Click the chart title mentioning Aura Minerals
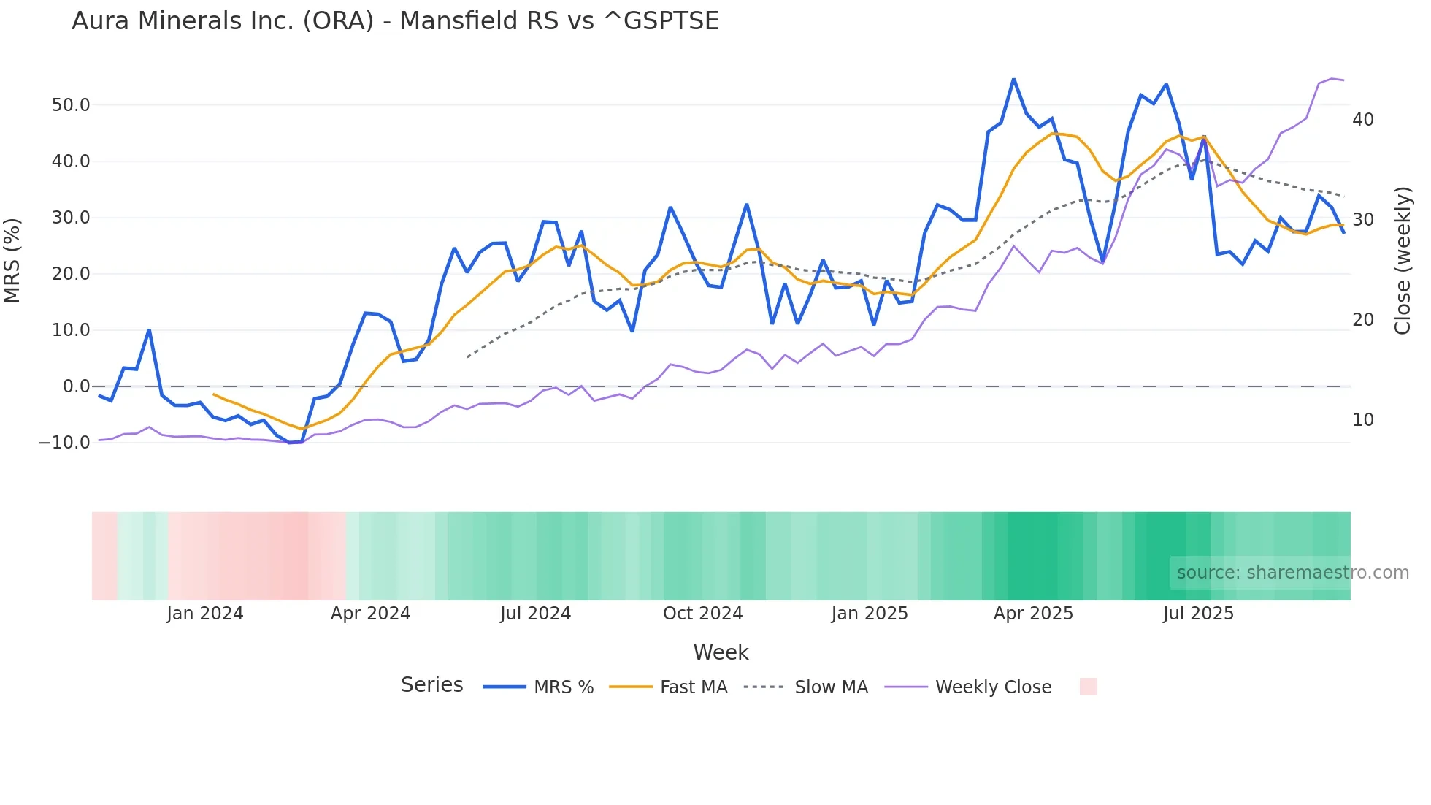coord(395,21)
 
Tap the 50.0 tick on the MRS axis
coord(71,105)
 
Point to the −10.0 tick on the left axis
coord(64,443)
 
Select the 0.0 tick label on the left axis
coord(76,386)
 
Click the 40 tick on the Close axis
coord(1362,120)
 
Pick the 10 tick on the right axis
coord(1362,420)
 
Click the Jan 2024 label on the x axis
coord(204,614)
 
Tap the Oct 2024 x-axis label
coord(702,614)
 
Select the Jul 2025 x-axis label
coord(1198,614)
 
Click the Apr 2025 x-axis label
coord(1033,614)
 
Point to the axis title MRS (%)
coord(12,261)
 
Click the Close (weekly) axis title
coord(1402,261)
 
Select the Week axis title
coord(721,652)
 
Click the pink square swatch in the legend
coord(1088,687)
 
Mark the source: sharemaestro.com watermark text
coord(1292,573)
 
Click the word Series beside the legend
coord(431,685)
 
